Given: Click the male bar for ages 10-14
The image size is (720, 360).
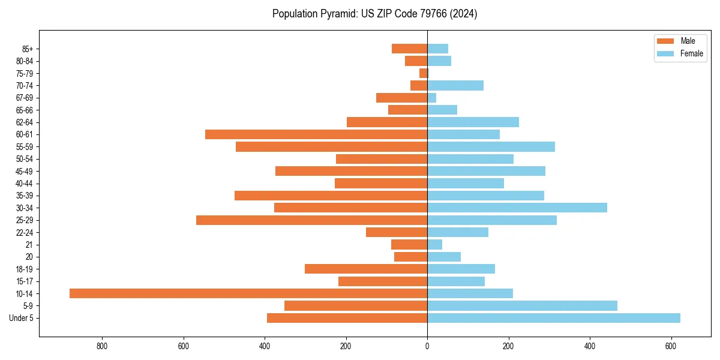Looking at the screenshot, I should (248, 293).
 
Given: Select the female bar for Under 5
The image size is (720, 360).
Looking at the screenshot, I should (554, 318).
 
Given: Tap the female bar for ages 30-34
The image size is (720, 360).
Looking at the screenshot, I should (517, 208).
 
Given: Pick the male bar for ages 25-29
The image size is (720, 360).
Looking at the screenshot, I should (311, 220).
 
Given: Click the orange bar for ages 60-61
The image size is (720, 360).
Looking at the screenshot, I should (316, 134).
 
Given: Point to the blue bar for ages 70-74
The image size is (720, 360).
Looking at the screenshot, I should (455, 85).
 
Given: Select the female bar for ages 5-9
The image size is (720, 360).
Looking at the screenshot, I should (522, 306).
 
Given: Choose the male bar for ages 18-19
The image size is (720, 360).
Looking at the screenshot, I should (366, 269).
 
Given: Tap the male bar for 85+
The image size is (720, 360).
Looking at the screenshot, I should (409, 49).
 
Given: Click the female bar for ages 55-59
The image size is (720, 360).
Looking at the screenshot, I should (491, 146).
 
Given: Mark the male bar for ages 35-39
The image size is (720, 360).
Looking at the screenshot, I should (331, 196).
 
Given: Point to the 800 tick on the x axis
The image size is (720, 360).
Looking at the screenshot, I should (102, 346).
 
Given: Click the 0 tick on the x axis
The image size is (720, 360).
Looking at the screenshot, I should (427, 346).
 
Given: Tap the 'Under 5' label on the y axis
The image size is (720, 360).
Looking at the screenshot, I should (21, 318).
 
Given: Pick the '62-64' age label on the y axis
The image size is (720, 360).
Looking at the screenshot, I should (25, 122).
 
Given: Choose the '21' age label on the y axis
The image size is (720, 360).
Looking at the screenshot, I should (29, 245).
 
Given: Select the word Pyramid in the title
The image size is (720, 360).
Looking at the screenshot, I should (337, 14).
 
